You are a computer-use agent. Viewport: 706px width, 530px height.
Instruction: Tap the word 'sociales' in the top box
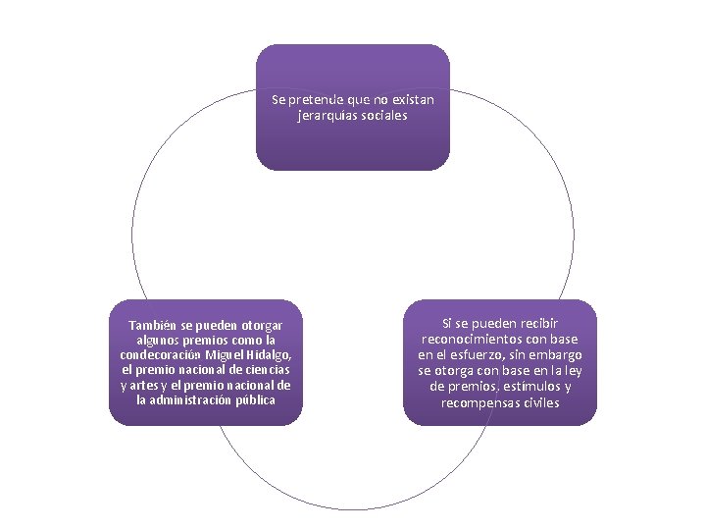coord(385,116)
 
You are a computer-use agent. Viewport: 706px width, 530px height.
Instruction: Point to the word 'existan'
coord(412,100)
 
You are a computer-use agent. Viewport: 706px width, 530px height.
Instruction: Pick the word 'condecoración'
coord(161,354)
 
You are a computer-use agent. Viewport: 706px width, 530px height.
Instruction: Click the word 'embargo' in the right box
coord(557,354)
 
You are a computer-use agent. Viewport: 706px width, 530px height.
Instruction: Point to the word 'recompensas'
coord(479,402)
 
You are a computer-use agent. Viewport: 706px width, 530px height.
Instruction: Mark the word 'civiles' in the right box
coord(540,402)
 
